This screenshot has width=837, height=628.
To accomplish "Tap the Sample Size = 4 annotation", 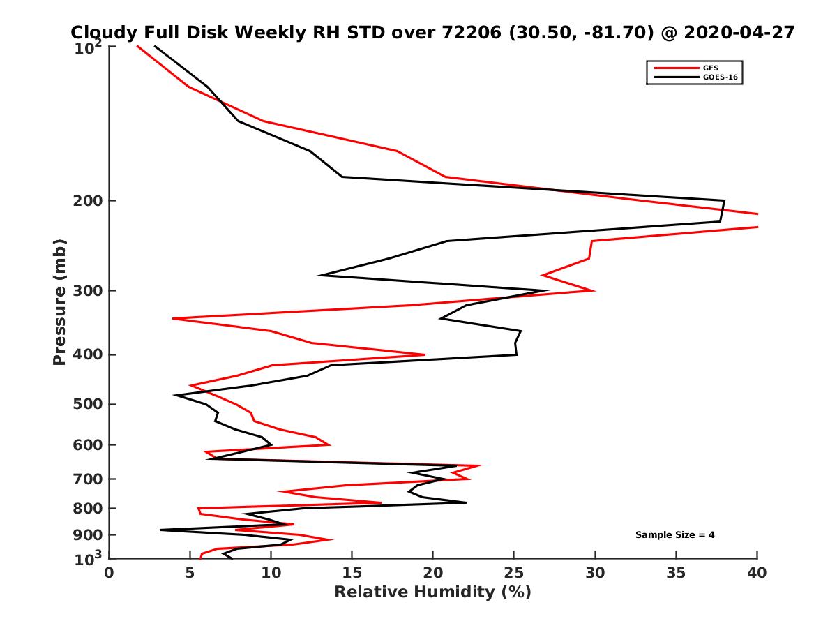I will [x=674, y=535].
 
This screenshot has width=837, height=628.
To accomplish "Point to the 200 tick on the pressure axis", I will [x=89, y=201].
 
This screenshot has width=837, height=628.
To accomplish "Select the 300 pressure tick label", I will [x=89, y=291].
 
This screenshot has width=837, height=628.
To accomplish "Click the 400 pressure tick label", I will [x=89, y=354].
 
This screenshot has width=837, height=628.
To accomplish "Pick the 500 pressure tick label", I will [x=89, y=404].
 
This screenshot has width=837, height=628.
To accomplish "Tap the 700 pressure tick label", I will [x=89, y=479].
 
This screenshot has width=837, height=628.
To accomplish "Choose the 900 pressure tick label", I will [x=89, y=535].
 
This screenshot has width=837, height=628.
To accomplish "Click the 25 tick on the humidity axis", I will [x=514, y=573].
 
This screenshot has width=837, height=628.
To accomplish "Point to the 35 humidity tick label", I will [x=676, y=573].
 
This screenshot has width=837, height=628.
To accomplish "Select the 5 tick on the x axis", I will [x=190, y=573].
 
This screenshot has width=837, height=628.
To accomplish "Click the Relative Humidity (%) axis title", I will [x=432, y=592].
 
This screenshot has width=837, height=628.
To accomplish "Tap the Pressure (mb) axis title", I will [x=59, y=301].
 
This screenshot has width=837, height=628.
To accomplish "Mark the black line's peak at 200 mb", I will [x=724, y=201].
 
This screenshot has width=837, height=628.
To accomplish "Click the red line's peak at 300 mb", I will [x=594, y=290].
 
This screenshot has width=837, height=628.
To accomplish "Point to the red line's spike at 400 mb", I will [x=425, y=354].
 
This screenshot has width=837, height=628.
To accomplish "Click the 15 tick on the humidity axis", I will [x=352, y=573].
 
